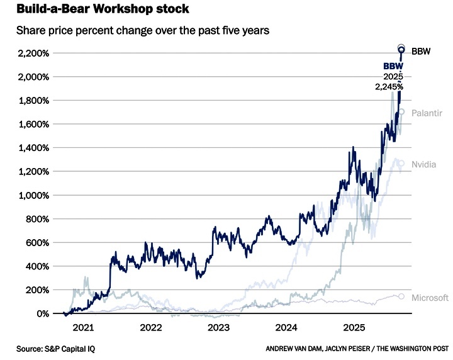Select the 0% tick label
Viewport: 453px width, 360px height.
pyautogui.click(x=41, y=313)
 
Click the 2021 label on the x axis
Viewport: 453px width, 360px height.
pyautogui.click(x=83, y=327)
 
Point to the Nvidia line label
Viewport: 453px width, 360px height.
pyautogui.click(x=424, y=164)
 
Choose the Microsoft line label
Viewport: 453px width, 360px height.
pyautogui.click(x=430, y=298)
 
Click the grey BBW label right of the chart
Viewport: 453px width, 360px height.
pyautogui.click(x=421, y=50)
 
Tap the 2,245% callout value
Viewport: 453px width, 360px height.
pyautogui.click(x=390, y=86)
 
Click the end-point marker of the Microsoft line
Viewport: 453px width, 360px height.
pyautogui.click(x=401, y=296)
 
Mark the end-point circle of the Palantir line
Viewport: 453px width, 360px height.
pyautogui.click(x=401, y=113)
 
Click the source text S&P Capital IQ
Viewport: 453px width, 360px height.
pyautogui.click(x=51, y=348)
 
